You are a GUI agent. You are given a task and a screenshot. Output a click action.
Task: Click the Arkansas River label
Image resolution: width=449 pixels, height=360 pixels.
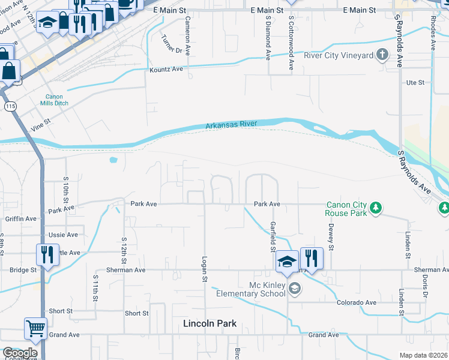[231, 125]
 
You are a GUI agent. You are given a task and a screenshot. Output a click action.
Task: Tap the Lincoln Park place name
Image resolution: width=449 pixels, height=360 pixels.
[209, 323]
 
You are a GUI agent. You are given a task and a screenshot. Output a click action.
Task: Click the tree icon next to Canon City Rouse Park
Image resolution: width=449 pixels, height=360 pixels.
[376, 208]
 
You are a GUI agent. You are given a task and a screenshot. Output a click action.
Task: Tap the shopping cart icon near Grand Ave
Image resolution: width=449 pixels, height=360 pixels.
[35, 328]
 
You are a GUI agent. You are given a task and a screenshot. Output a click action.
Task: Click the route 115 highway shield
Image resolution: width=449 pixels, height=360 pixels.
[10, 106]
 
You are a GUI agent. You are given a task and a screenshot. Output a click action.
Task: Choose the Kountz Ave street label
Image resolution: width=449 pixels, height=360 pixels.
[166, 70]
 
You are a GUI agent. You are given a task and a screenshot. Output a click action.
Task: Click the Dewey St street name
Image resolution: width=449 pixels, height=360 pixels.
[330, 234]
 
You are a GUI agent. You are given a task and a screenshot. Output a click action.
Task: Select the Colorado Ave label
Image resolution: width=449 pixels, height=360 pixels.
[356, 303]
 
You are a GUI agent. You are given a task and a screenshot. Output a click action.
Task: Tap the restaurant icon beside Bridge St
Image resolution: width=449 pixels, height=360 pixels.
[47, 255]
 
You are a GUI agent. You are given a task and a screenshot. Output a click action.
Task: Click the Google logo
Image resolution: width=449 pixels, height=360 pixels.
[20, 353]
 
